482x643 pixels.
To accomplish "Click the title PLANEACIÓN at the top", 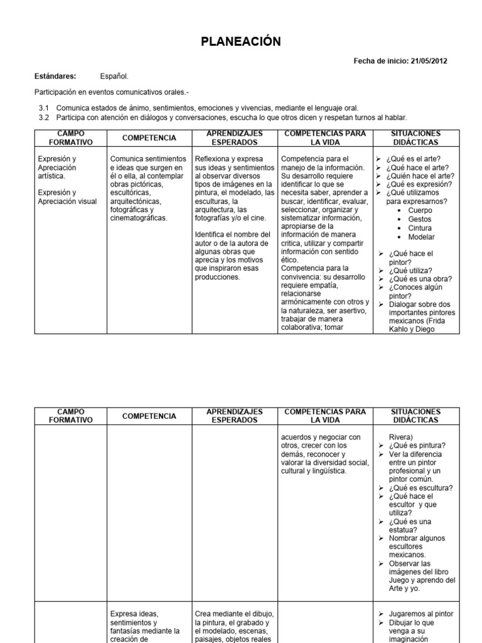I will (241, 42).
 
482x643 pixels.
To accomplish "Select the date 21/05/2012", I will (429, 61).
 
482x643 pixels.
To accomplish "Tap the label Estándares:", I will (55, 76).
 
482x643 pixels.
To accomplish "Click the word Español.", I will (114, 76).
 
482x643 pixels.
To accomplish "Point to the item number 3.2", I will (44, 117).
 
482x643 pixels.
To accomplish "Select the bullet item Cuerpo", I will (420, 210).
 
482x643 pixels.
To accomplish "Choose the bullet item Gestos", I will (419, 219).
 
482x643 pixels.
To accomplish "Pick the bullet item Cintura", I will (420, 228).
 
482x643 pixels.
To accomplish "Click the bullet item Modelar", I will (421, 237).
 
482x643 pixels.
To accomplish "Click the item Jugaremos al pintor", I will (420, 613).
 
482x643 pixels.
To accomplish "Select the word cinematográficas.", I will (139, 218).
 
